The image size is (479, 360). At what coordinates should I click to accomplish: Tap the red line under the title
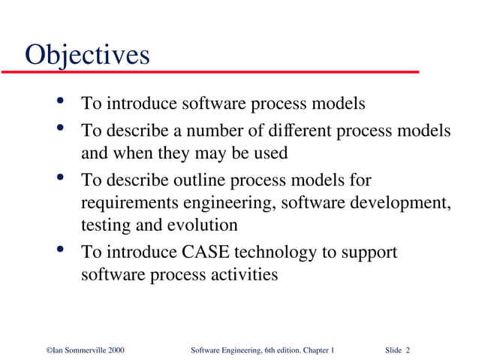pyautogui.click(x=210, y=72)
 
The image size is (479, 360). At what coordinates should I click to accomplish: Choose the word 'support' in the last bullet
pyautogui.click(x=368, y=253)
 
